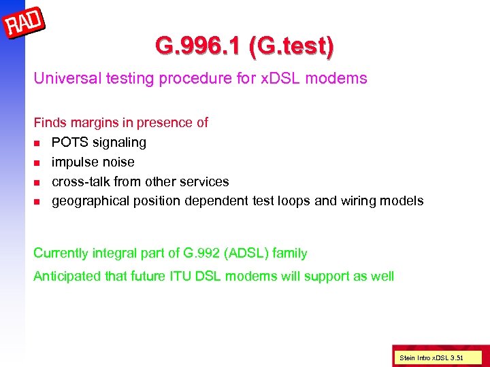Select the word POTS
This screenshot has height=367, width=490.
[69, 143]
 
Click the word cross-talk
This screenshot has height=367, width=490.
[81, 181]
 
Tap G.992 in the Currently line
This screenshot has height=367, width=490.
[201, 254]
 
